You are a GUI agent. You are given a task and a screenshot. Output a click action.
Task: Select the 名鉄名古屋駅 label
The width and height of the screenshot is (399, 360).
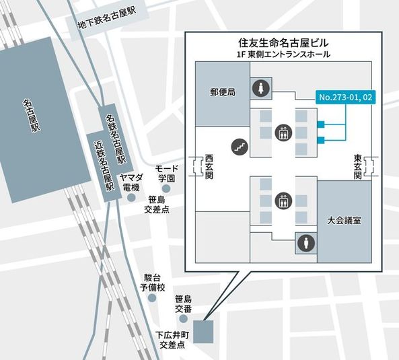click(116, 135)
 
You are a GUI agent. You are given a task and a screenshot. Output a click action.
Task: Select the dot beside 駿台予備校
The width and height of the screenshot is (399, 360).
click(152, 297)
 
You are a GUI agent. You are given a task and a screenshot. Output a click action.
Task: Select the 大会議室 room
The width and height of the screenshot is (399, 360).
click(344, 221)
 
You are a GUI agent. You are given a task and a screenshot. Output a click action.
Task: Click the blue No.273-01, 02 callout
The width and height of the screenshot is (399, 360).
click(345, 98)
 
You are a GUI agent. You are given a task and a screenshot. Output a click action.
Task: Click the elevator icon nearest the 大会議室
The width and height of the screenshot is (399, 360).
click(283, 201)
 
